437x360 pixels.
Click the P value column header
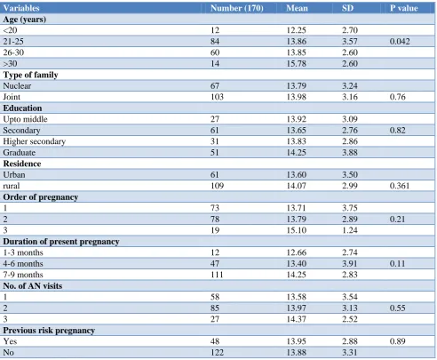click(x=403, y=8)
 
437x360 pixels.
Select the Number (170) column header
click(x=237, y=8)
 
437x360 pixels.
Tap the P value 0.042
click(x=400, y=42)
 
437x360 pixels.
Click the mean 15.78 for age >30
click(x=297, y=64)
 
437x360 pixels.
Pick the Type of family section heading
click(x=30, y=75)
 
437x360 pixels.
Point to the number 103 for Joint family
click(x=217, y=97)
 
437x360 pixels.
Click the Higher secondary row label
click(x=35, y=141)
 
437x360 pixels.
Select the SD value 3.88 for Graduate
click(x=350, y=153)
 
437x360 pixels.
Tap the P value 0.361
click(x=400, y=186)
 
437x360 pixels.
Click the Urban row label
click(x=14, y=175)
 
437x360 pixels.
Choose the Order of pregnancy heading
click(x=41, y=197)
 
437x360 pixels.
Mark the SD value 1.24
click(x=350, y=230)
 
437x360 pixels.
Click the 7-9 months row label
click(x=23, y=275)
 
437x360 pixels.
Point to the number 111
click(x=217, y=275)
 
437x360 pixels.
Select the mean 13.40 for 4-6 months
click(x=297, y=264)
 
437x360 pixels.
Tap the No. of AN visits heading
click(x=33, y=286)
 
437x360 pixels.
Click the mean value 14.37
click(x=297, y=319)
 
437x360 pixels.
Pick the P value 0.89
click(x=397, y=341)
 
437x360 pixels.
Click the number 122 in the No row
click(x=217, y=353)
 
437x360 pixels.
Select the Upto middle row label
click(x=25, y=119)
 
